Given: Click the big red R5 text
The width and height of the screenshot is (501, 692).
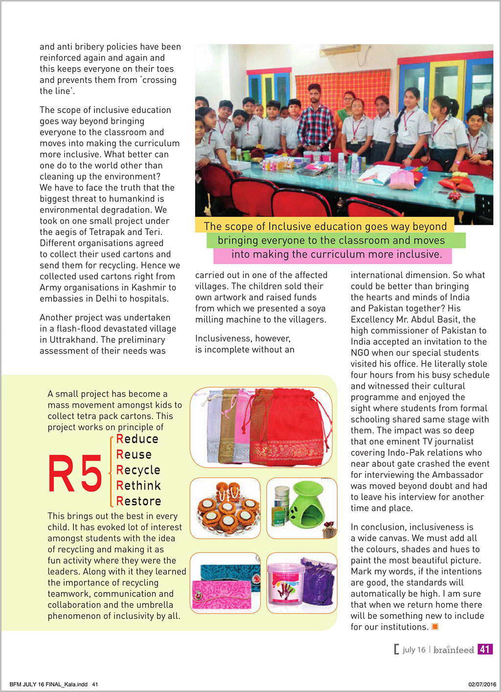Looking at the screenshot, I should [x=75, y=473].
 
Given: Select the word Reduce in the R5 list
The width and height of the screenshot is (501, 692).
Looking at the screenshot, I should [x=137, y=439].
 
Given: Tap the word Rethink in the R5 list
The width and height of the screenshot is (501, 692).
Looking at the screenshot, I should [x=139, y=485].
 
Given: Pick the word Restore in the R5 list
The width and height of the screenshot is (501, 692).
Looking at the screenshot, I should [x=139, y=501].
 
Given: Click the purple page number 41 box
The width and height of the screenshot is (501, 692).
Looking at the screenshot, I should [x=484, y=649].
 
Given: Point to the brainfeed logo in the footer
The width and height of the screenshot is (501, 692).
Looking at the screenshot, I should [x=454, y=650].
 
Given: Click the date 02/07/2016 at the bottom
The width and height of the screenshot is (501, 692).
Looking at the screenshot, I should [x=482, y=684].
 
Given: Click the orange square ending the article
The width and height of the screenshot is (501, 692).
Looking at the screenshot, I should [x=435, y=627].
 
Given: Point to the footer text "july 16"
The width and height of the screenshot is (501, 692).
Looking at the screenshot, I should [x=414, y=650].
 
